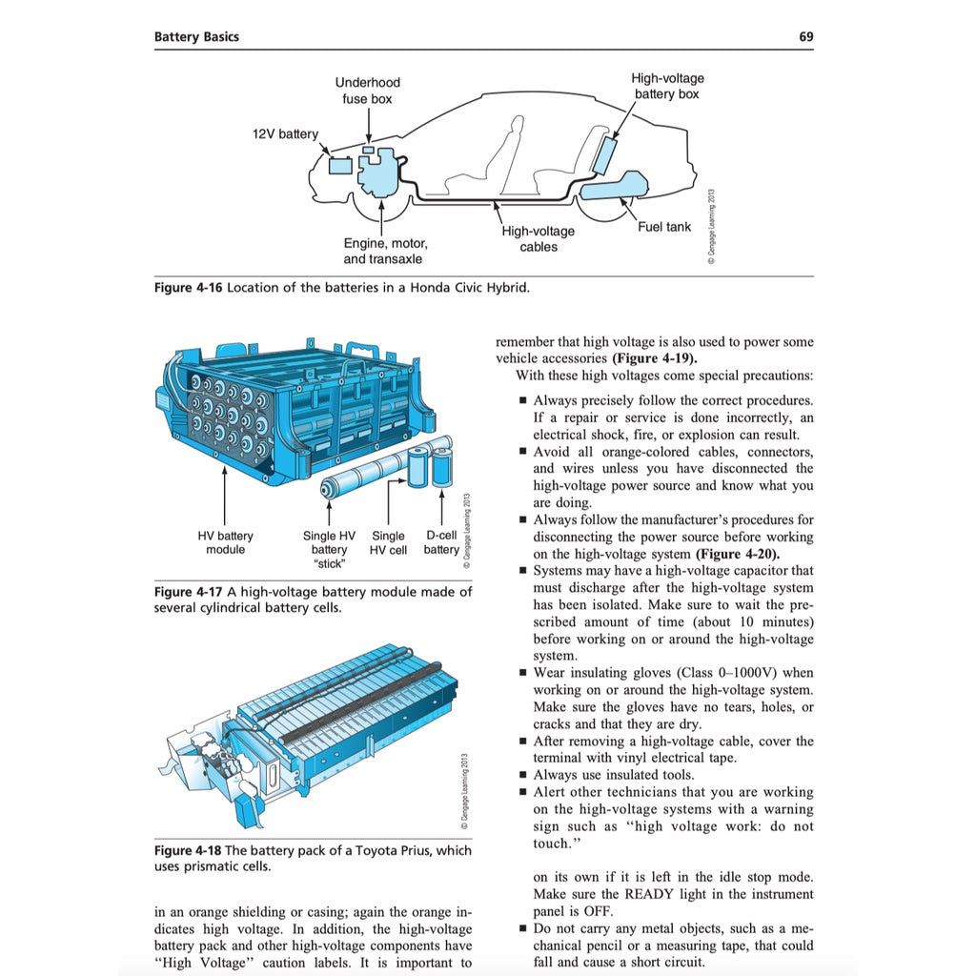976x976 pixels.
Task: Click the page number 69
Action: pos(805,37)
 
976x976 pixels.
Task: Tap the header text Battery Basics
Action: pos(196,37)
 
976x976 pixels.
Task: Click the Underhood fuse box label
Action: pos(367,91)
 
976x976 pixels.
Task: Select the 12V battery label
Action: pos(285,134)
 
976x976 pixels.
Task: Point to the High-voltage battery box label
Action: pos(667,86)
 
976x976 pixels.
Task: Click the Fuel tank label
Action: pos(664,227)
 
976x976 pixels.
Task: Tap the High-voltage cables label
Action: pos(539,238)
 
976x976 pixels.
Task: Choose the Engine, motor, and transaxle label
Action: pos(385,251)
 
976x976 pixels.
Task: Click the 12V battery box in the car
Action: pos(339,165)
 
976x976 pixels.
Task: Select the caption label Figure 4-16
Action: pos(188,288)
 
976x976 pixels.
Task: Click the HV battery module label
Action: pos(225,542)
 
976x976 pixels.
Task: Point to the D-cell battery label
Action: pos(441,542)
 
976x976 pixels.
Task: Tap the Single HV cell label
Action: pos(388,542)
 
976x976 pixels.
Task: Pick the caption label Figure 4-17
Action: pos(188,592)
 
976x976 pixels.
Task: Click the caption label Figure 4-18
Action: pos(188,850)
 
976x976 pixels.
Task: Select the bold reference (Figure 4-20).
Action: pos(738,554)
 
